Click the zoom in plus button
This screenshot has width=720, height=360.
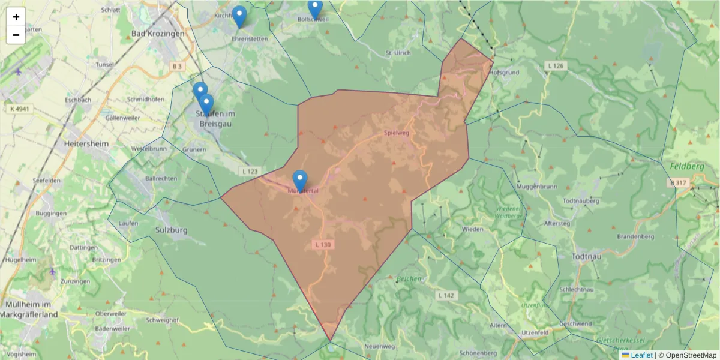(16, 17)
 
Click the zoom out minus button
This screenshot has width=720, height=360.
(16, 35)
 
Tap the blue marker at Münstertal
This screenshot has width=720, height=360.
(300, 181)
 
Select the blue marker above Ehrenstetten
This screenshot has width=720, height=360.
(239, 17)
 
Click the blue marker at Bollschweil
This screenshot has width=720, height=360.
(315, 8)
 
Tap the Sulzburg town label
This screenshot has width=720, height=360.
(172, 230)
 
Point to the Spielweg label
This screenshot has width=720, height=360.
(396, 133)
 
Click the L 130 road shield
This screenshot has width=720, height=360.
(322, 245)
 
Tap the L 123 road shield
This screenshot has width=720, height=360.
(250, 172)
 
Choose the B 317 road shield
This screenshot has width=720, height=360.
(679, 182)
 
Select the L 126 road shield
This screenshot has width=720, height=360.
(556, 65)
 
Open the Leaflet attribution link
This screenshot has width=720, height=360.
(641, 355)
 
